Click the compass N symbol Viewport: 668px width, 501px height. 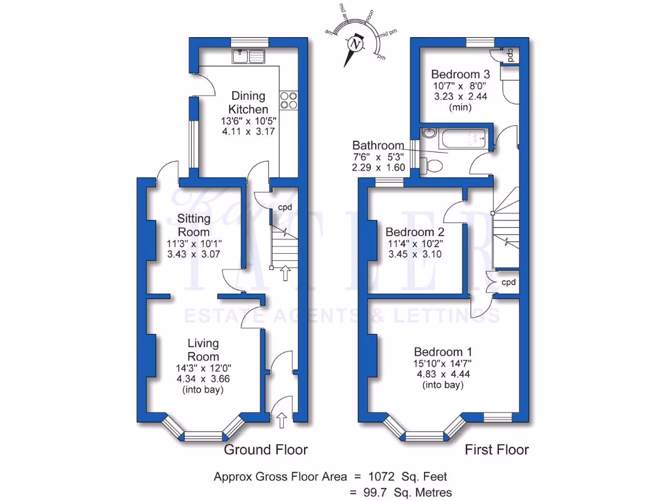pos(356,44)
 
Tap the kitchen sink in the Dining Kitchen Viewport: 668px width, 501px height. pos(248,57)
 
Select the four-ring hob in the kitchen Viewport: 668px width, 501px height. pos(288,100)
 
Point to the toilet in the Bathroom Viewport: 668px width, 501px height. pos(432,163)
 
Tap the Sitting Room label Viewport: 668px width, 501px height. pos(194,226)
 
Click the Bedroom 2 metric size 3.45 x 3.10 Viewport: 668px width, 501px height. pos(414,254)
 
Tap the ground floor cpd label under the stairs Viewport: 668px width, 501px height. pos(285,208)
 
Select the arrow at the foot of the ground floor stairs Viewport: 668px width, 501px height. pos(284,272)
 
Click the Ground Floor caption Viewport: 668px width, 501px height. pos(266,449)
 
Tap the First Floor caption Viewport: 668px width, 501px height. pos(496,449)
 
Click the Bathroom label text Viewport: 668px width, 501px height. pos(378,145)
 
